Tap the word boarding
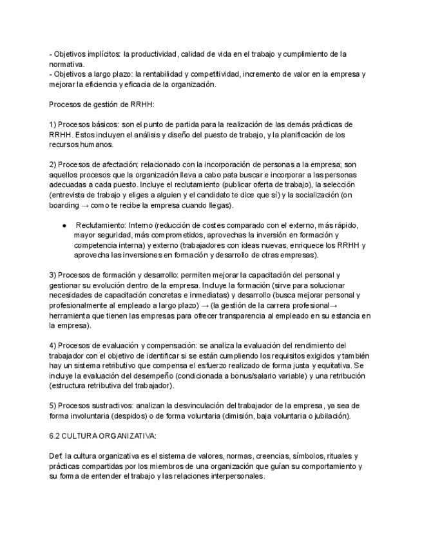click(x=64, y=205)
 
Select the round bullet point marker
click(x=66, y=226)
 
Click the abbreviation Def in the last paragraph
click(x=55, y=456)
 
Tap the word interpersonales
click(x=233, y=476)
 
